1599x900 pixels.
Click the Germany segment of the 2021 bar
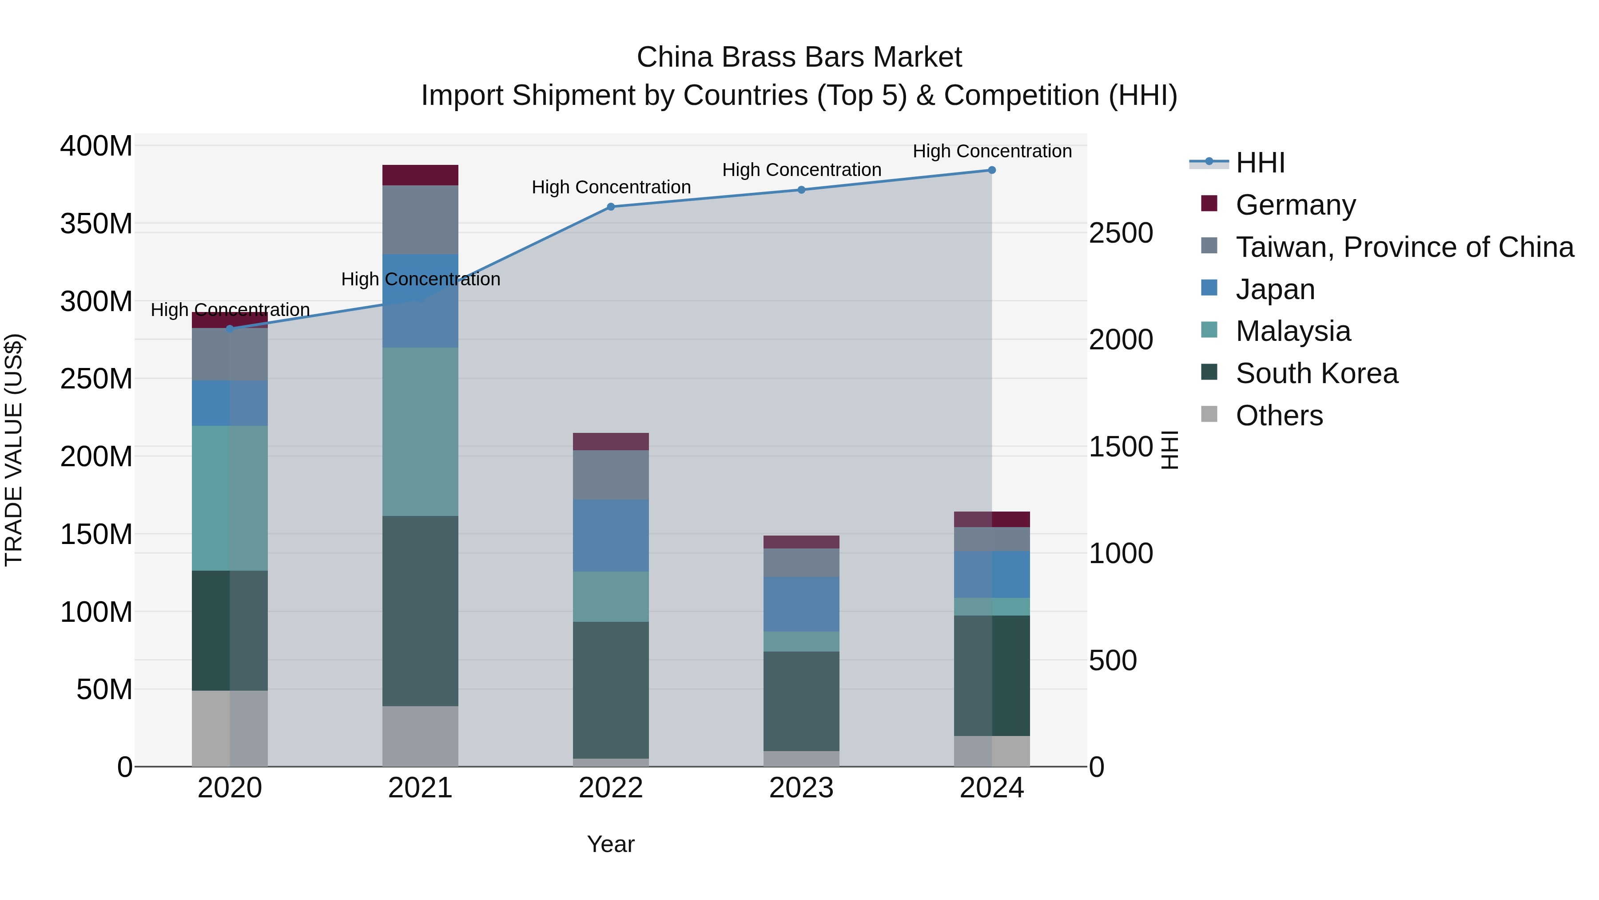point(420,175)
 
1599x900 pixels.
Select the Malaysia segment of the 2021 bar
point(420,432)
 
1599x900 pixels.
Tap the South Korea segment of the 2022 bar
point(611,689)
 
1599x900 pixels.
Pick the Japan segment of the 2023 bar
point(801,604)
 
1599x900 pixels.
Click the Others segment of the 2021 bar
point(420,736)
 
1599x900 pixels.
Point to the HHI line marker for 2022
point(611,207)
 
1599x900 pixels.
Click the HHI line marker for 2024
point(992,170)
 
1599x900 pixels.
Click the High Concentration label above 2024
point(992,151)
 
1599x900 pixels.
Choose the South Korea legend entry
point(1317,373)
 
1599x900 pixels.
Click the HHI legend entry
point(1260,163)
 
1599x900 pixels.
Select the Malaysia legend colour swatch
point(1209,330)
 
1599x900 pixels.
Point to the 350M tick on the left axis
point(96,224)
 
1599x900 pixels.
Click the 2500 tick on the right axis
point(1121,233)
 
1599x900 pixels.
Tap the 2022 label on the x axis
point(611,788)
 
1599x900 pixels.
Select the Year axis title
point(611,844)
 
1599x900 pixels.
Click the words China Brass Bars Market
point(799,57)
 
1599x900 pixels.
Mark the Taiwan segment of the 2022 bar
point(611,475)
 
